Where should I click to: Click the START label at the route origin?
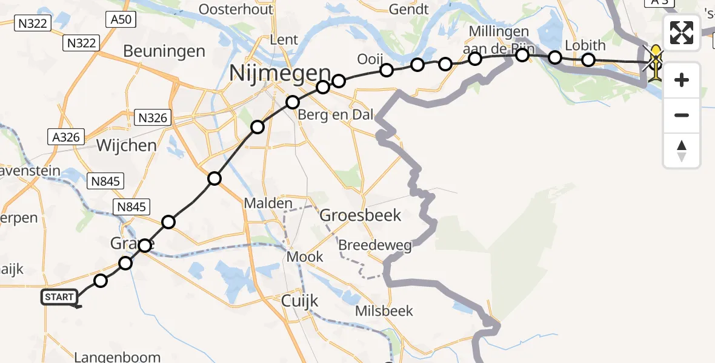click(59, 297)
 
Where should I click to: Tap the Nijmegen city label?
click(280, 73)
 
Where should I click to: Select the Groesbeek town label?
click(361, 215)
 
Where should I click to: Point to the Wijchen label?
click(127, 145)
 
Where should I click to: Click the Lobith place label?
click(585, 45)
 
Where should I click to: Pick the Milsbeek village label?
click(385, 311)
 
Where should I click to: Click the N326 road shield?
click(153, 117)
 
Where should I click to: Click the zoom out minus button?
click(682, 115)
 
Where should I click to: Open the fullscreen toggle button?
click(682, 33)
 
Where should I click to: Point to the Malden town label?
click(268, 204)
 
